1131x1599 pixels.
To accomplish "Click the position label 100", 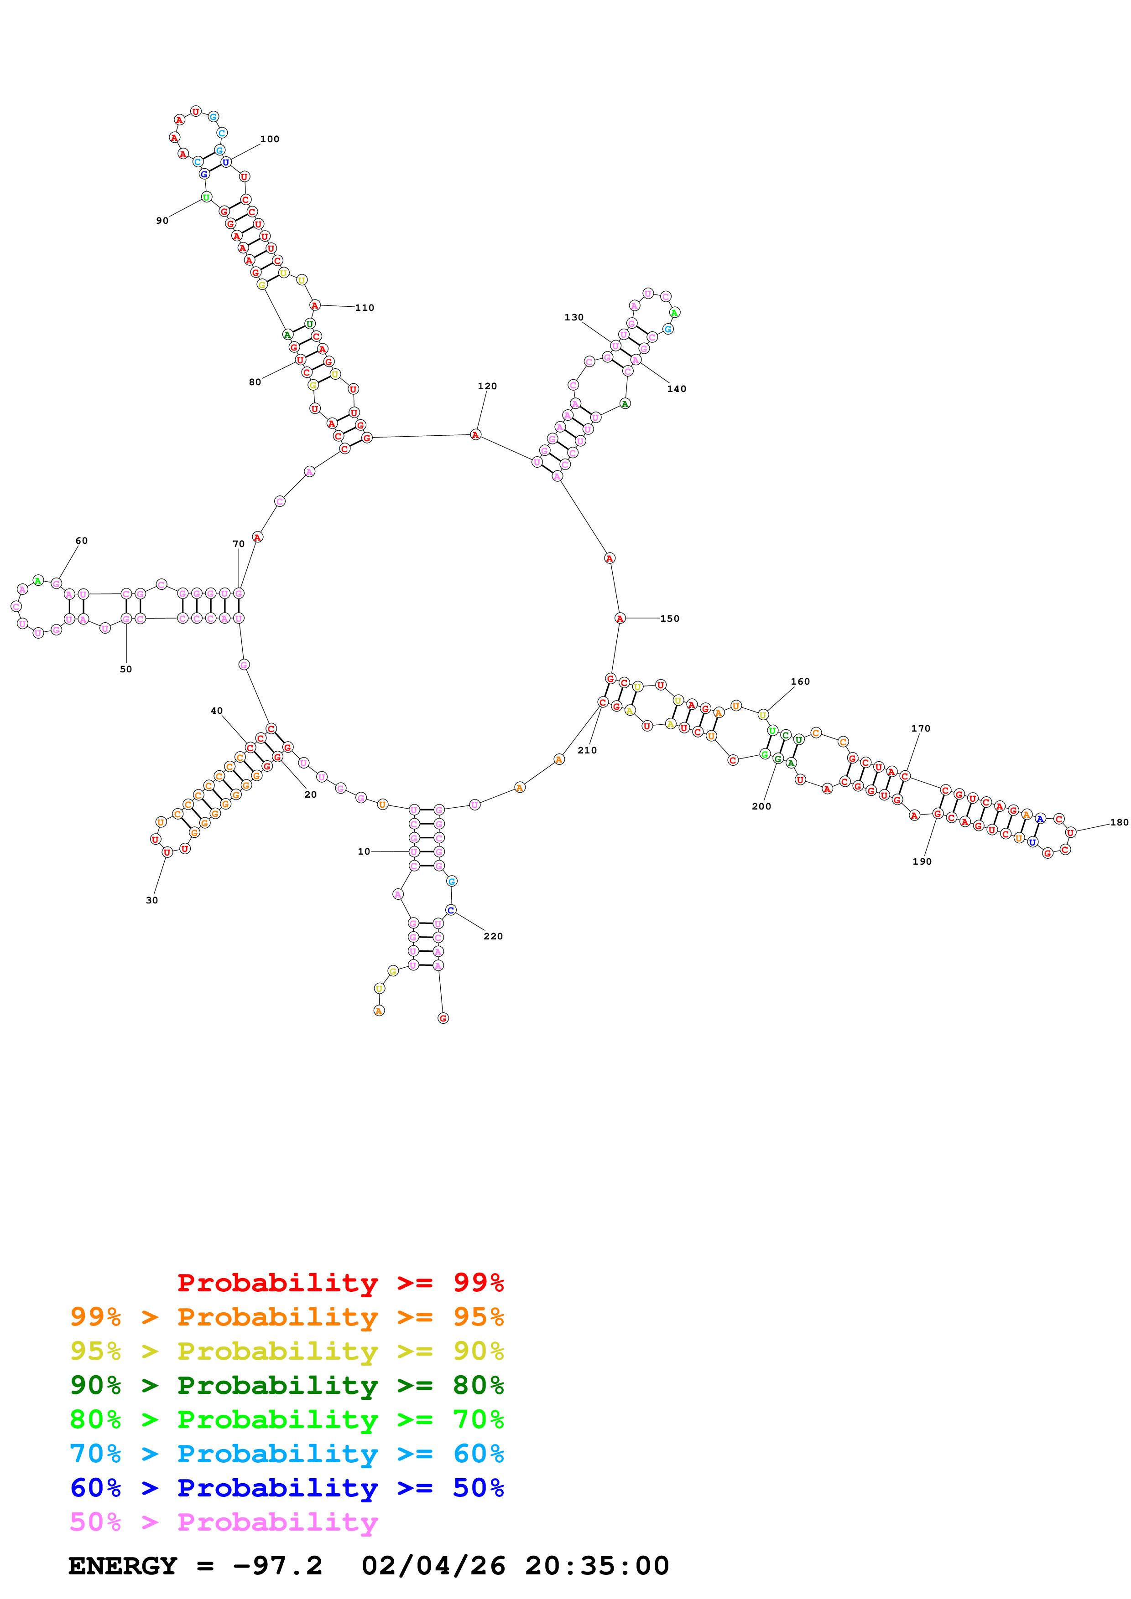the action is pyautogui.click(x=270, y=139).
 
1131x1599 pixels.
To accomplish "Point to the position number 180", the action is pyautogui.click(x=1119, y=822).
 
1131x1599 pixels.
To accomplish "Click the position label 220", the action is pyautogui.click(x=493, y=936).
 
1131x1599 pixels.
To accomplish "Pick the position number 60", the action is pyautogui.click(x=82, y=541).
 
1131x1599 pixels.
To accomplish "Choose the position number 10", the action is pyautogui.click(x=364, y=851).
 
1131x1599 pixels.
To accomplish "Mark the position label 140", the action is pyautogui.click(x=676, y=389).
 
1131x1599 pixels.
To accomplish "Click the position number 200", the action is pyautogui.click(x=761, y=806).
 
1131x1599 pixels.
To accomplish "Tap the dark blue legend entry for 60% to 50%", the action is pyautogui.click(x=287, y=1488).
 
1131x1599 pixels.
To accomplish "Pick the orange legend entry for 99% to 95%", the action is pyautogui.click(x=287, y=1316).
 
